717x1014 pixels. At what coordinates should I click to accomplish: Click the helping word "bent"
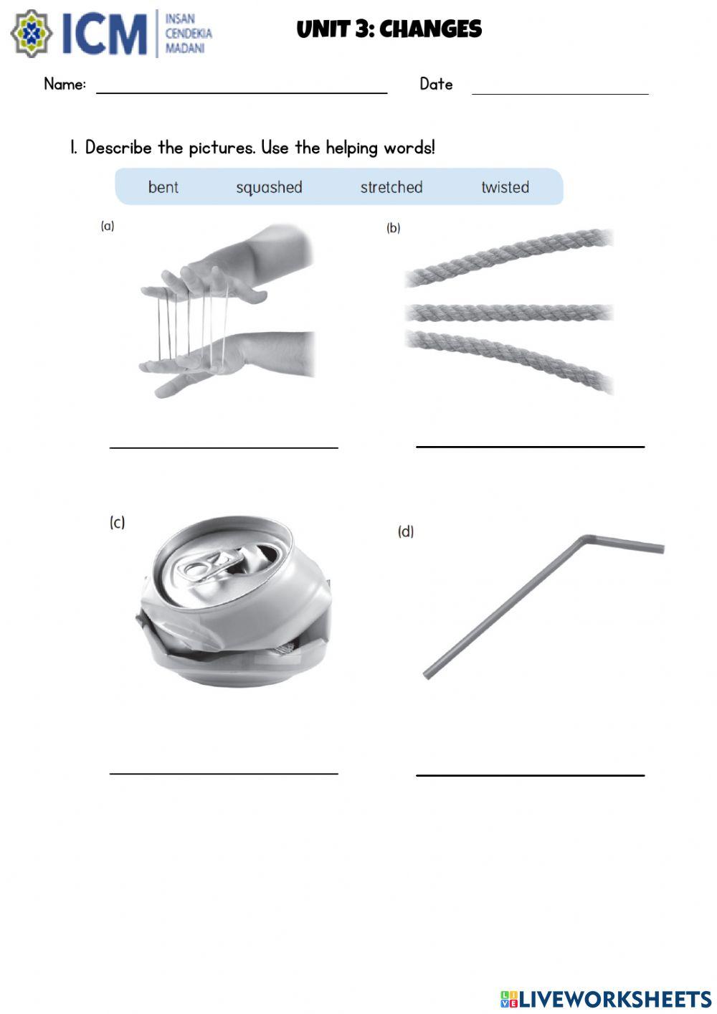[163, 187]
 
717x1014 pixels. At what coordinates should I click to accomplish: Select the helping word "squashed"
[269, 188]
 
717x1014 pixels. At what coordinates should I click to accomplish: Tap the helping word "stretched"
[391, 187]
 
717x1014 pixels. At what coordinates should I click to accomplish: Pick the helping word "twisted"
[505, 187]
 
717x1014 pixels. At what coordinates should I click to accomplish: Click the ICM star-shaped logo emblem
[32, 34]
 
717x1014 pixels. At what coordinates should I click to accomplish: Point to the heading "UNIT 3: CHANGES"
[389, 29]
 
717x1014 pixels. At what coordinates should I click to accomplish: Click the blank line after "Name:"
[242, 93]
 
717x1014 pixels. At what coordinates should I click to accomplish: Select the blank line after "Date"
[560, 94]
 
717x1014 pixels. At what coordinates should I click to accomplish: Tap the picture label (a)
[108, 226]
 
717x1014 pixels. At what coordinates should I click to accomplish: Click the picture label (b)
[393, 228]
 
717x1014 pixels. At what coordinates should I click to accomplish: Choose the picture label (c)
[117, 522]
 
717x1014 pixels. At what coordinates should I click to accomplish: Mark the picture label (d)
[406, 531]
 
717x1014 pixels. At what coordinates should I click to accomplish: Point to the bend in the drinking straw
[587, 539]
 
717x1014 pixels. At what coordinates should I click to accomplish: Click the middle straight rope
[509, 313]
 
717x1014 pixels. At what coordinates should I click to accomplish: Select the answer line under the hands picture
[224, 447]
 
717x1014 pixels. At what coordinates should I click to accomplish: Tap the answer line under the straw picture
[530, 775]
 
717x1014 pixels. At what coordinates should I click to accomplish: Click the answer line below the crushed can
[224, 774]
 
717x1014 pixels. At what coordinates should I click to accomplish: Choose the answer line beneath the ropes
[530, 447]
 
